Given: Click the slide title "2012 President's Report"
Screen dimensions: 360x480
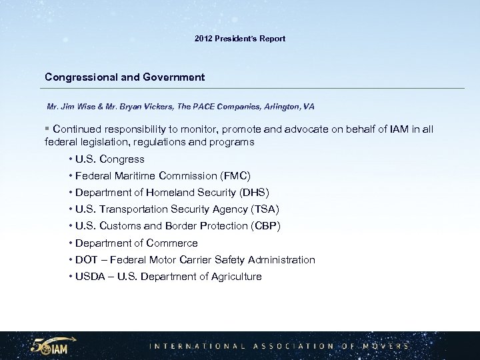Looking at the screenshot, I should coord(240,39).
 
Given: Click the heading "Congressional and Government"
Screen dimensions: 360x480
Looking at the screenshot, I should coord(125,77).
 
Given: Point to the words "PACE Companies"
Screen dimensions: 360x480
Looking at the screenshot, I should coord(217,107).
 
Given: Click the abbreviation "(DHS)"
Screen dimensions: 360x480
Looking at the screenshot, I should coord(253,193).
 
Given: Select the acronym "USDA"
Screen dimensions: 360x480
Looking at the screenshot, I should coord(90,277).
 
